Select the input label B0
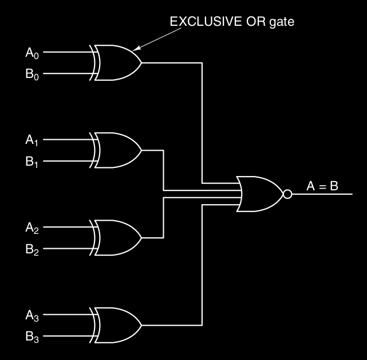[x=31, y=75]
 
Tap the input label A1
[x=31, y=141]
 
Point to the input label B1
[x=31, y=163]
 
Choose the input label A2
[x=31, y=228]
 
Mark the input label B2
[x=31, y=250]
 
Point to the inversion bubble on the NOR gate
[x=287, y=194]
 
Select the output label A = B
[x=322, y=186]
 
